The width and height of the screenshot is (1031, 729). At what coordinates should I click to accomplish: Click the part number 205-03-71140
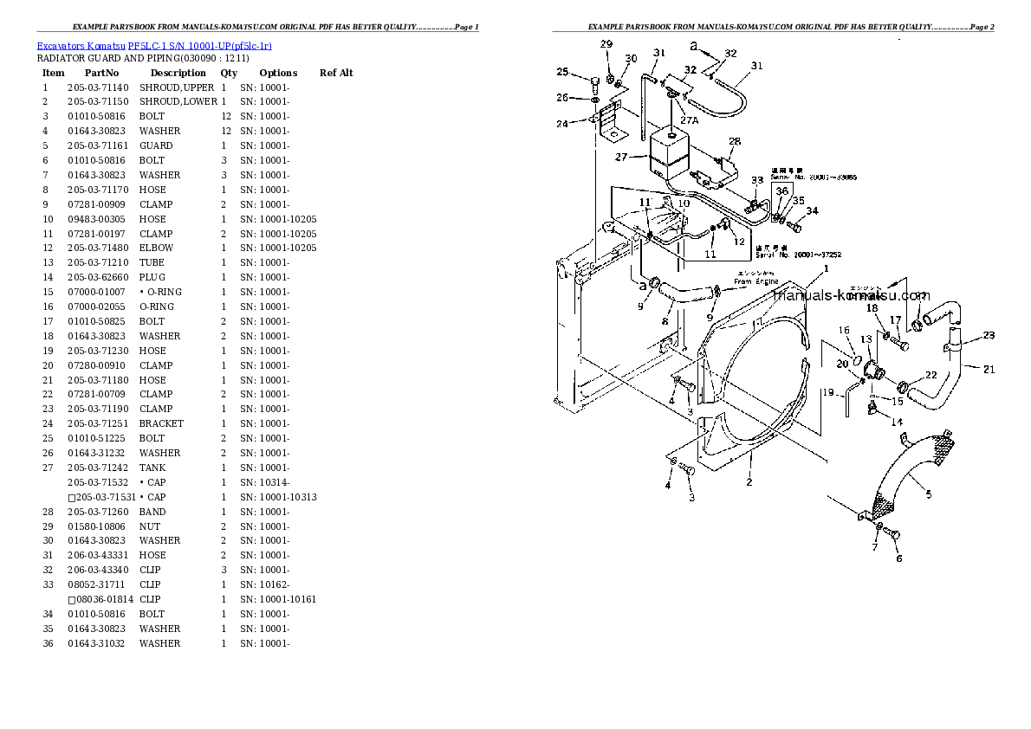(97, 87)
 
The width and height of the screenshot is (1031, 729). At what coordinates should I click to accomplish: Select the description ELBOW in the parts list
(156, 248)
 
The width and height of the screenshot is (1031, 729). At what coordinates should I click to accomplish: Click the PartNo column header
(101, 73)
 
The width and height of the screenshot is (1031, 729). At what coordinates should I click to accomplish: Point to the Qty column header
(229, 73)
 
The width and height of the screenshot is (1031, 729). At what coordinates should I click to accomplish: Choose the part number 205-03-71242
(97, 468)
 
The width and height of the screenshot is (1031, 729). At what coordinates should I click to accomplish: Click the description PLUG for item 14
(152, 277)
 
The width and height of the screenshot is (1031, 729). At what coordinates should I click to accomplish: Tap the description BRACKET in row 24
(161, 423)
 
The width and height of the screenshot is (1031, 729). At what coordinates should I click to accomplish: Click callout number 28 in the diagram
(735, 141)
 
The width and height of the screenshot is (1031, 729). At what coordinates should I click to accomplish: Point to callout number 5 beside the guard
(928, 494)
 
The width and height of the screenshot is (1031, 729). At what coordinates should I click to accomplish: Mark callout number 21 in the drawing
(989, 370)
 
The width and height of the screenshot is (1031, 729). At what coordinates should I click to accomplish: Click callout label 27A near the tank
(689, 120)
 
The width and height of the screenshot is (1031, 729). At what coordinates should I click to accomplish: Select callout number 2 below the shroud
(749, 482)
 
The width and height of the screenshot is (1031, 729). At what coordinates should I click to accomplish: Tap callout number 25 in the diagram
(562, 72)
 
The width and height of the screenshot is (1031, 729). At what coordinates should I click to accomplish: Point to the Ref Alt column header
(336, 73)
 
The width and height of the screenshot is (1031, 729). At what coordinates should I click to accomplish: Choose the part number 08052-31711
(97, 584)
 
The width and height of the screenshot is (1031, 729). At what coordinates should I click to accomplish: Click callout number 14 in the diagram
(897, 422)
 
